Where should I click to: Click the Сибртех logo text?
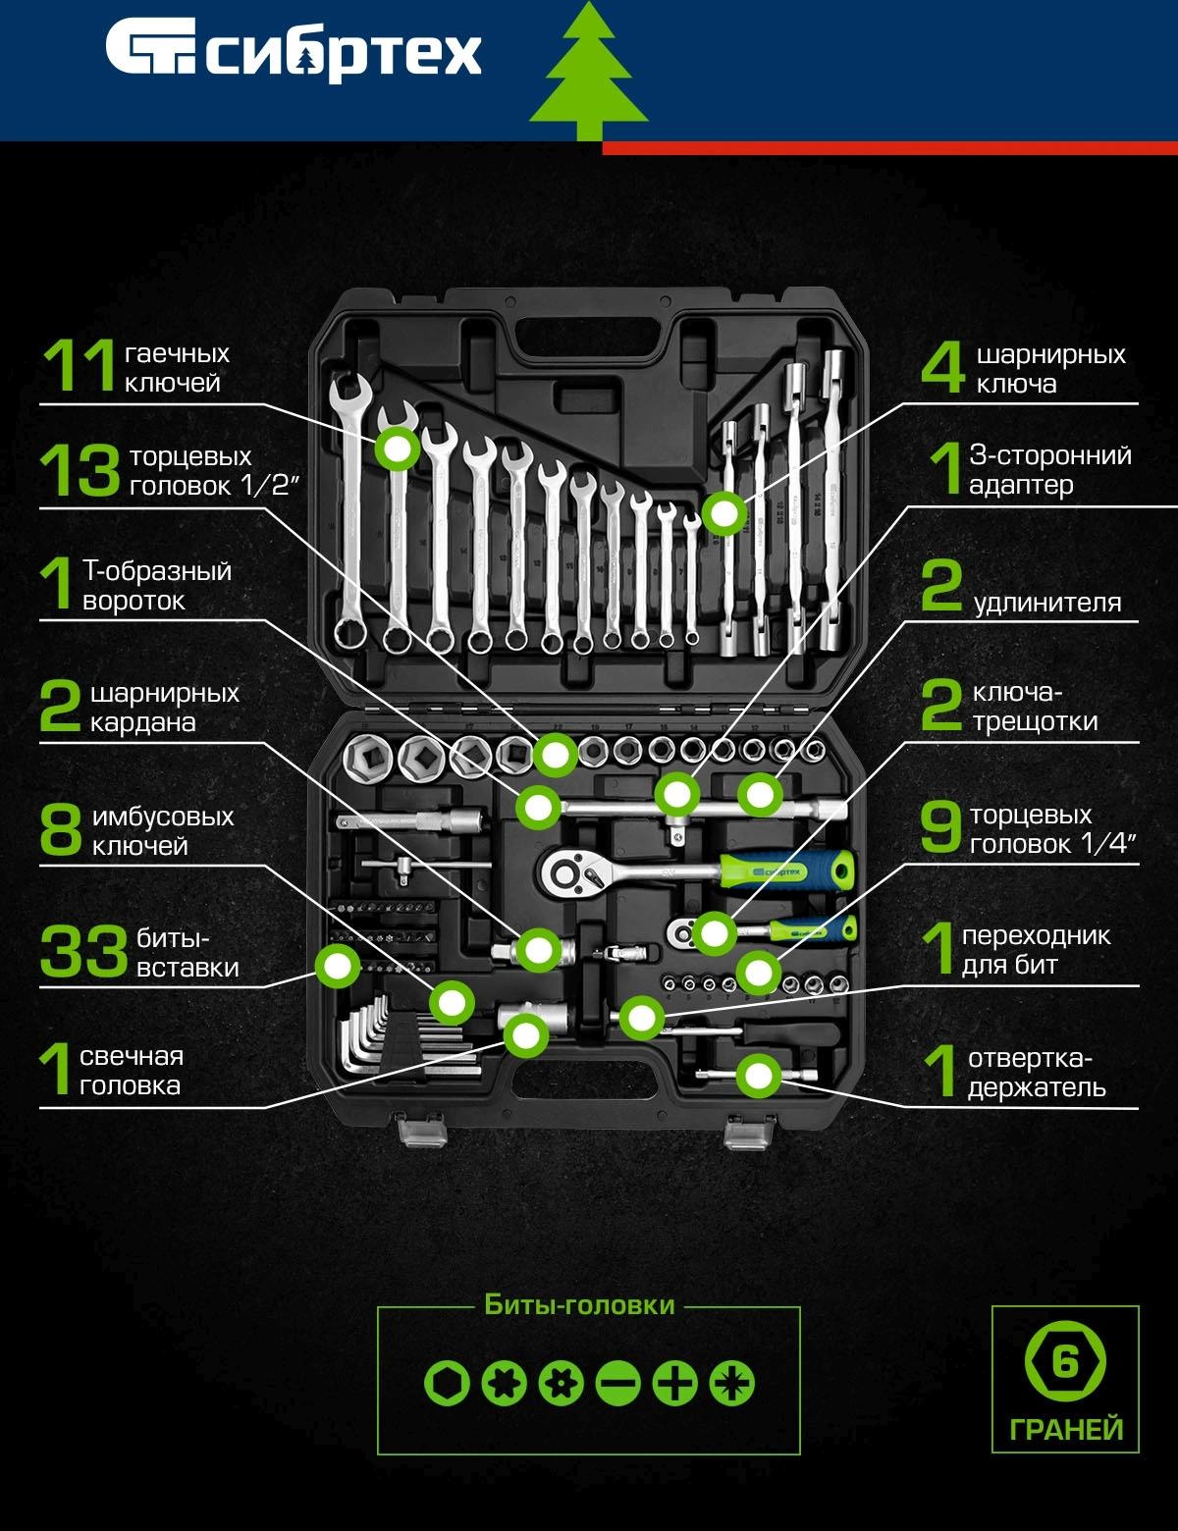pos(344,54)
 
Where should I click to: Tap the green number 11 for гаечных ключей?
pos(79,366)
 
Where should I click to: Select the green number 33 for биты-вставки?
pos(83,951)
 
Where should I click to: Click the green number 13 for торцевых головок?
pos(80,470)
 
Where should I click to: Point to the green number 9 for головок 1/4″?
pos(940,827)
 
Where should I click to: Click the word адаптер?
pos(1021,486)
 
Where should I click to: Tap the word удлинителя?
pos(1047,604)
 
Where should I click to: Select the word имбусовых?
pos(163,817)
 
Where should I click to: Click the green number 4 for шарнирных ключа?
pos(942,367)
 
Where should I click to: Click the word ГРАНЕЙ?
pos(1066,1430)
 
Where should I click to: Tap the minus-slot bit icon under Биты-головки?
pos(617,1383)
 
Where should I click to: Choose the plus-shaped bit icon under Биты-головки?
pos(675,1383)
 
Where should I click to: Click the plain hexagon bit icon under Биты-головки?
pos(447,1383)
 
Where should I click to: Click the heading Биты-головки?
pos(579,1305)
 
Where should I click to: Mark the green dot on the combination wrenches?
pos(397,449)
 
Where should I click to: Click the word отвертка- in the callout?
pos(1030,1058)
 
